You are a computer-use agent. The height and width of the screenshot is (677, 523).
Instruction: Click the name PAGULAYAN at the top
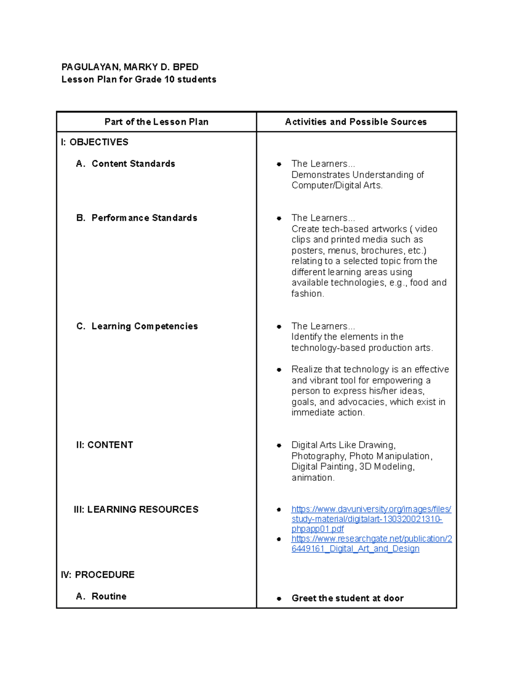[x=90, y=67]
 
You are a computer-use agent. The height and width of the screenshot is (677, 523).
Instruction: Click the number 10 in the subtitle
[x=169, y=79]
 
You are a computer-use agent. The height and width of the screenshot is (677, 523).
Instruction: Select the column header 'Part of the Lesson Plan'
[x=156, y=122]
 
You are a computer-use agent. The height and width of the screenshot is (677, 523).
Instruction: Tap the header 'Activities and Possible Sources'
[x=356, y=122]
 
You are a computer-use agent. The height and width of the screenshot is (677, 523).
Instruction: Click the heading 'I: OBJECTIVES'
[x=95, y=142]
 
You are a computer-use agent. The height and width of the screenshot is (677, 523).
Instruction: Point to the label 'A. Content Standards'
[x=126, y=164]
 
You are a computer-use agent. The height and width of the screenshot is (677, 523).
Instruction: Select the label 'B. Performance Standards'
[x=136, y=218]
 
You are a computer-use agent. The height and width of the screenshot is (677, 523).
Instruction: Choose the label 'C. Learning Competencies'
[x=137, y=327]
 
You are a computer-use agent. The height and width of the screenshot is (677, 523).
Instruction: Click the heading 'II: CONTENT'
[x=105, y=445]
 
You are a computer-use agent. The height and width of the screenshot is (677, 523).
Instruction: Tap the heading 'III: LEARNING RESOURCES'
[x=136, y=510]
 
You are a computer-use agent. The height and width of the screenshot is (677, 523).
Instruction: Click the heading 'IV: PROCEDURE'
[x=98, y=575]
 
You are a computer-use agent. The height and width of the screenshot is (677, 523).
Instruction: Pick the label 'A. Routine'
[x=101, y=596]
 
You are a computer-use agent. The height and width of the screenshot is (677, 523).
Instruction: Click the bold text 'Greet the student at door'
[x=347, y=599]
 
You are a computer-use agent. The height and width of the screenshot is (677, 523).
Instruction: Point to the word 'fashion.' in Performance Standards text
[x=308, y=294]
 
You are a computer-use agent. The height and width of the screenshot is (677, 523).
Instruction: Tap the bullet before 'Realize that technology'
[x=279, y=370]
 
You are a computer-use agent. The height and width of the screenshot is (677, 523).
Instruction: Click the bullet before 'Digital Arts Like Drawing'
[x=279, y=446]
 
